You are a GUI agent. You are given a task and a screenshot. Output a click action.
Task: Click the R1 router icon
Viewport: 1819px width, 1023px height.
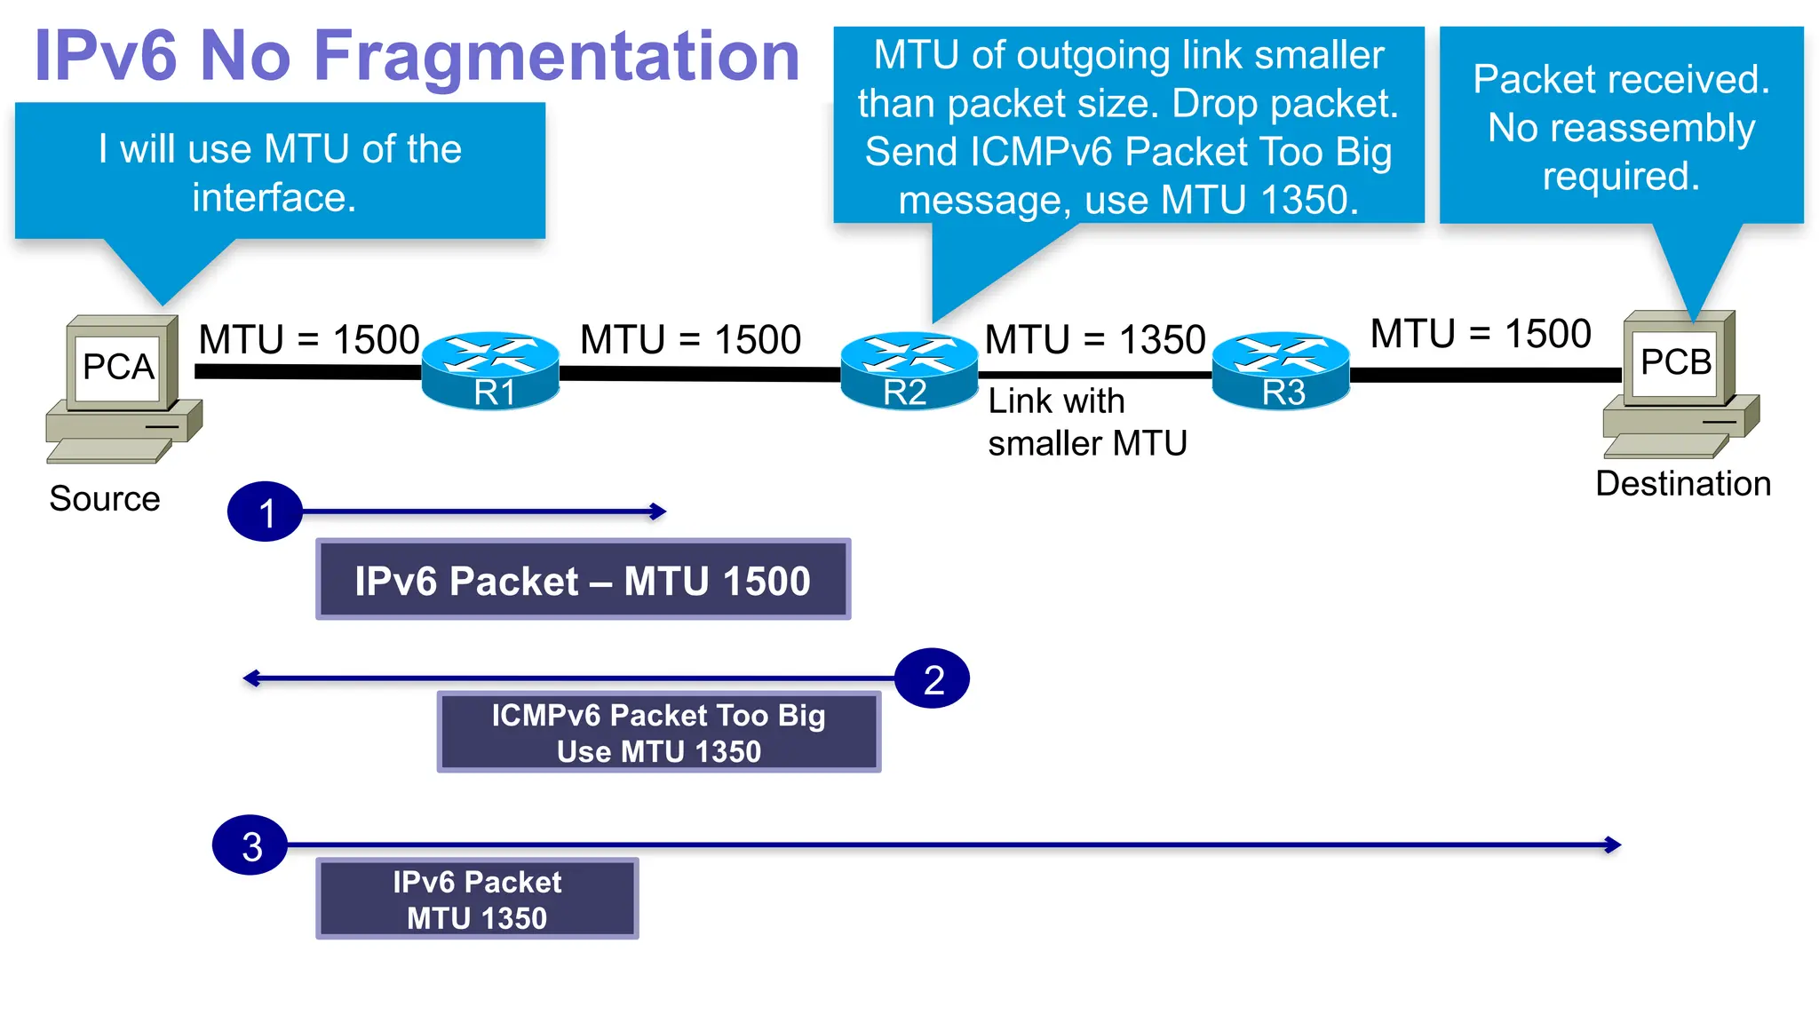490,371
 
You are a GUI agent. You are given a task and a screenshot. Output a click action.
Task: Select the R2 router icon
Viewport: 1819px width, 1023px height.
909,371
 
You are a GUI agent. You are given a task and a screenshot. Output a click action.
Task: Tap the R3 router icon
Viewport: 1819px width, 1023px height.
1281,371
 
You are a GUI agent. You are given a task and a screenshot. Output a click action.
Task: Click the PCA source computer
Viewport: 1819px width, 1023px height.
123,387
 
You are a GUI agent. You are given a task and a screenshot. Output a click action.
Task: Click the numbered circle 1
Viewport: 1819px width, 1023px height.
265,512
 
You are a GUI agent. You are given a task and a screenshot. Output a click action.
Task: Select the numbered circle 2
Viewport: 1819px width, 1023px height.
932,679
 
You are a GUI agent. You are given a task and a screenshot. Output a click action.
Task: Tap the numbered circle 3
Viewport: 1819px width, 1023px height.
250,845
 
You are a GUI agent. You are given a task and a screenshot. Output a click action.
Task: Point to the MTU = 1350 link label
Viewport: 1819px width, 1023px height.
1094,340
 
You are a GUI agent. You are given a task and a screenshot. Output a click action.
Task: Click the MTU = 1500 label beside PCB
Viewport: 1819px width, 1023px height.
1480,335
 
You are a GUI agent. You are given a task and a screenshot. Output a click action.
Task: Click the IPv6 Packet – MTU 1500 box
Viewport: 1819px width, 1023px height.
583,581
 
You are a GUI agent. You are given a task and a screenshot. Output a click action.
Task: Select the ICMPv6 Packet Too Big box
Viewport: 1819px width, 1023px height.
658,733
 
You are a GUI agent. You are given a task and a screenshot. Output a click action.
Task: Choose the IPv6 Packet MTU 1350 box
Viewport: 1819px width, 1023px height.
477,899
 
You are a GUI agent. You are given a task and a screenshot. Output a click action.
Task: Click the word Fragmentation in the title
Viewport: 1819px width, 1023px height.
557,57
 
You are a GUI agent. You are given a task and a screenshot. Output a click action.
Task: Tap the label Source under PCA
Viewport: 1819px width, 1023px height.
105,499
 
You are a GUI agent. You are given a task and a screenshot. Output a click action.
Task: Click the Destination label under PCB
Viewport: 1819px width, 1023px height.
1682,484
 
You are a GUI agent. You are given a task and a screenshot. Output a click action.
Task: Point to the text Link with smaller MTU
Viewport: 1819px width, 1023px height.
1085,423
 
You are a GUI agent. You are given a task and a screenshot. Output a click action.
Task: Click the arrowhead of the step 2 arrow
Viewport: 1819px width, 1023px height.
250,679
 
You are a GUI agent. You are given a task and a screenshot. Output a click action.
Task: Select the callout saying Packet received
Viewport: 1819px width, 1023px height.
1620,126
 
